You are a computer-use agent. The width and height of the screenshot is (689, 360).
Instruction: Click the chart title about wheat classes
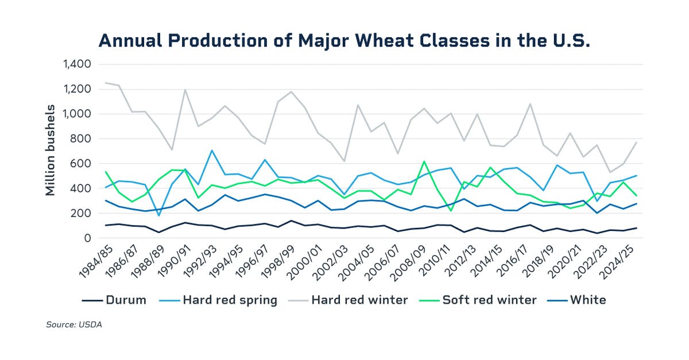click(x=344, y=41)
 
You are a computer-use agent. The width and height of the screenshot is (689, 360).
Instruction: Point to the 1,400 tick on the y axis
click(x=76, y=64)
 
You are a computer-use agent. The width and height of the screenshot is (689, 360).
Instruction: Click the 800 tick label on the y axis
click(x=80, y=139)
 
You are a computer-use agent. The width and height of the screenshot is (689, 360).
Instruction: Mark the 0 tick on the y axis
click(x=88, y=238)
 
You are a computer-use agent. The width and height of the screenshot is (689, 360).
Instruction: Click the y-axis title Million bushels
click(x=51, y=150)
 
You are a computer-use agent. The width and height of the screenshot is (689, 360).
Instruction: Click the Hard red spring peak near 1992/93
click(x=212, y=150)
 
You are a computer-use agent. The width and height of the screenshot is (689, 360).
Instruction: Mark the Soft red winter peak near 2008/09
click(x=424, y=161)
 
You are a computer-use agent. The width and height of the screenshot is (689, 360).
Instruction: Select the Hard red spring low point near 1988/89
click(x=159, y=215)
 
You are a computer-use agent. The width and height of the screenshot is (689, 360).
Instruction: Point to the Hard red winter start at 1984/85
click(x=106, y=83)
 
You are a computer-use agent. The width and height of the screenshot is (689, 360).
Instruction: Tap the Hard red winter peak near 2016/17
click(x=531, y=104)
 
